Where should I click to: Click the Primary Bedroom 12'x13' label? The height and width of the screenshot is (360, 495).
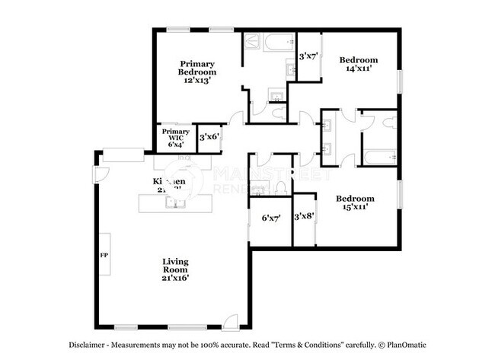coord(196,71)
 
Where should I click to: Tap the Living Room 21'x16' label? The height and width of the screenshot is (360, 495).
coord(175,269)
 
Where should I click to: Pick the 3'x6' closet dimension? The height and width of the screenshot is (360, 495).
coord(209,137)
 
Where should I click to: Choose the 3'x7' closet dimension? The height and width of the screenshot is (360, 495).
coord(308,56)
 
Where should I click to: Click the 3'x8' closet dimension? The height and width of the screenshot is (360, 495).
coord(305,216)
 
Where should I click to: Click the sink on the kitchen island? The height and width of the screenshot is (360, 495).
coord(175,203)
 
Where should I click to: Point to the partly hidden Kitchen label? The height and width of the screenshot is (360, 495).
coord(169,183)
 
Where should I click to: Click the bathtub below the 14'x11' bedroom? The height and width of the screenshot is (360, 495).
coord(377,159)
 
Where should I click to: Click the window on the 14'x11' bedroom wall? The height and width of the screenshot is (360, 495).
coord(398,81)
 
